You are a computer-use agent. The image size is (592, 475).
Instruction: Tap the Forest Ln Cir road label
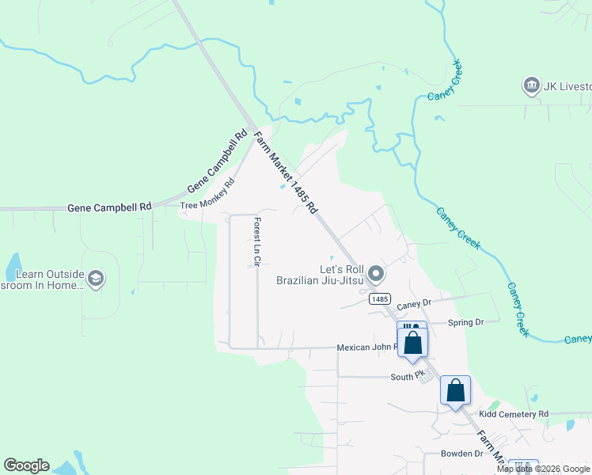pyautogui.click(x=256, y=241)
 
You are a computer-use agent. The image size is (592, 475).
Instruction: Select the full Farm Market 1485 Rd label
pyautogui.click(x=286, y=173)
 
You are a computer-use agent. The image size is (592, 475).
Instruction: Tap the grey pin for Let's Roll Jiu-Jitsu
pyautogui.click(x=377, y=275)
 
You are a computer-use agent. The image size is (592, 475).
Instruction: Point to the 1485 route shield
pyautogui.click(x=379, y=298)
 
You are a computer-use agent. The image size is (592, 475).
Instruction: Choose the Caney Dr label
pyautogui.click(x=414, y=303)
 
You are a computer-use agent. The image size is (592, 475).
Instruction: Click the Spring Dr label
pyautogui.click(x=465, y=322)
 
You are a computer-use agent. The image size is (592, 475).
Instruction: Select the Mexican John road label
pyautogui.click(x=366, y=348)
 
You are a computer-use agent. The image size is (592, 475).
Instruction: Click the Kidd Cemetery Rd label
pyautogui.click(x=514, y=414)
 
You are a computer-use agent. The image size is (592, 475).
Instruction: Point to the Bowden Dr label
pyautogui.click(x=463, y=454)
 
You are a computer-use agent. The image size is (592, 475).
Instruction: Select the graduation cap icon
pyautogui.click(x=96, y=278)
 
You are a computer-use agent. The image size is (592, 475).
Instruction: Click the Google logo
pyautogui.click(x=26, y=465)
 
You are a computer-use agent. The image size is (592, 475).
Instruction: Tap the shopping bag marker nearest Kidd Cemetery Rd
pyautogui.click(x=455, y=391)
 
